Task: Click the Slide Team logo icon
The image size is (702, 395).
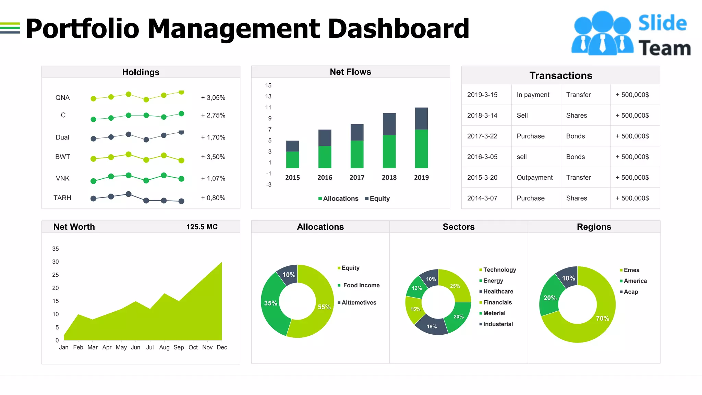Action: (x=602, y=34)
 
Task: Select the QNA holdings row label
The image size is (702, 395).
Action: (x=62, y=98)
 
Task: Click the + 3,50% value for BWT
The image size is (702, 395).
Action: (x=213, y=157)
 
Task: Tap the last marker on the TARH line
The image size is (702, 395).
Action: (x=181, y=201)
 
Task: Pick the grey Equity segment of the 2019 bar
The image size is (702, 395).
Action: (x=421, y=118)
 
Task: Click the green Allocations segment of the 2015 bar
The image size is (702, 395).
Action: (x=292, y=160)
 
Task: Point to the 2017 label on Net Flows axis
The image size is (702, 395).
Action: (x=357, y=178)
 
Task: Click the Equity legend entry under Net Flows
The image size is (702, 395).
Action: (x=377, y=199)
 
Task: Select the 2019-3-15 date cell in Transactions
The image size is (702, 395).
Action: (x=482, y=95)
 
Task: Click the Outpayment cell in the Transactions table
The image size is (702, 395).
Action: (x=534, y=178)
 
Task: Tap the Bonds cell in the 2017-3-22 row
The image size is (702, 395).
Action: (x=575, y=136)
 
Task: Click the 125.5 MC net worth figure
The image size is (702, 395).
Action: (x=202, y=227)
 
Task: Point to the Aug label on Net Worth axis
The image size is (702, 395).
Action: (x=164, y=347)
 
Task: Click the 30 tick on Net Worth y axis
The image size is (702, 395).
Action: (x=56, y=262)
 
